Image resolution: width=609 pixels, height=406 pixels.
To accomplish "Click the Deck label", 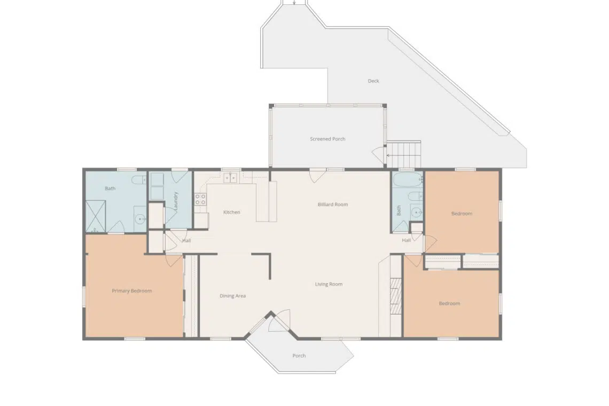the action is [373, 81].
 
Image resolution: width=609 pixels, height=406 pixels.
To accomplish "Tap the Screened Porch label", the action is [327, 139].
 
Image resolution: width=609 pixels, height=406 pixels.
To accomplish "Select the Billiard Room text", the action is [332, 205].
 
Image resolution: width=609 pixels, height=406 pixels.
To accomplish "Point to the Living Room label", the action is [329, 284].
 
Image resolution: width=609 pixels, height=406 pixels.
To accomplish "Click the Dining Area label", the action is [232, 295].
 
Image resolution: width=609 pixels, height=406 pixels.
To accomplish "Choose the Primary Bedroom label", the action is [131, 291].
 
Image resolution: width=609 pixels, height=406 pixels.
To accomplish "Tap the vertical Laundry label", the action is [176, 201].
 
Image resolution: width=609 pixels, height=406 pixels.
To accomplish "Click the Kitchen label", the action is [231, 212].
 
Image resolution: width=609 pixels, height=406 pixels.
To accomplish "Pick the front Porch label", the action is [299, 355].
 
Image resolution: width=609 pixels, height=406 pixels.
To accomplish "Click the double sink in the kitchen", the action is [230, 178].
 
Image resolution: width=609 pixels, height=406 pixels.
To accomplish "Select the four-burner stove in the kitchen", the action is [200, 199].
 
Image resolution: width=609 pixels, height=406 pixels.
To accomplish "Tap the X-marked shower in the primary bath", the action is [95, 216].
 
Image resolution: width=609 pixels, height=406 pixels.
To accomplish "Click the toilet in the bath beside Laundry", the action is [139, 179].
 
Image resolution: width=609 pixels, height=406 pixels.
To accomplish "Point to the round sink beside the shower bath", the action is [140, 220].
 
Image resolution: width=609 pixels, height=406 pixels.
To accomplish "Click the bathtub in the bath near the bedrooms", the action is [408, 180].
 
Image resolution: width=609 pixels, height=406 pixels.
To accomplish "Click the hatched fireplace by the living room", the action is [395, 295].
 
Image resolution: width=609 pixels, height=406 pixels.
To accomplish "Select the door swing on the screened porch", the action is [378, 153].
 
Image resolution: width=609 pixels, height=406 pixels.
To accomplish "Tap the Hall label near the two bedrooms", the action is [406, 240].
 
